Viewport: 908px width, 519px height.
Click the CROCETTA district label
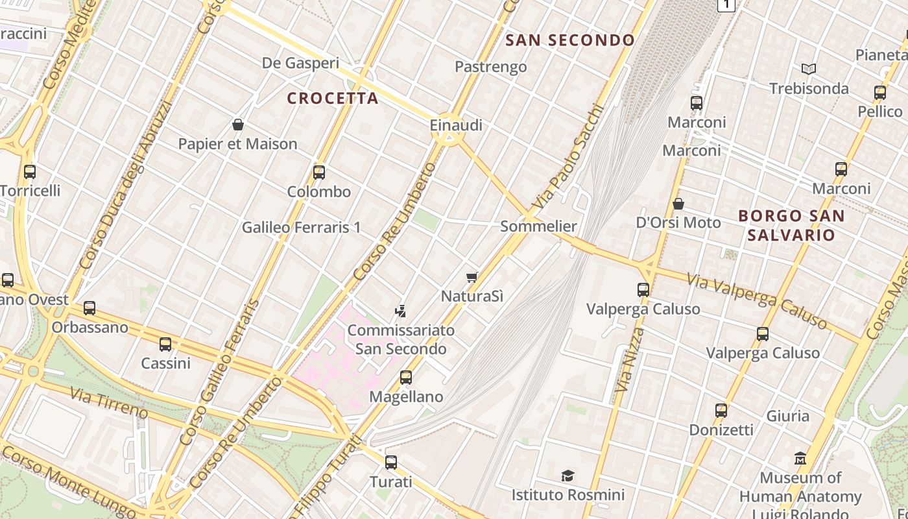pyautogui.click(x=333, y=99)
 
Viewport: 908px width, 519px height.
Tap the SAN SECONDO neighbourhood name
pyautogui.click(x=570, y=40)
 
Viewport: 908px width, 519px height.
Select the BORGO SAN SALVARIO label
pyautogui.click(x=791, y=225)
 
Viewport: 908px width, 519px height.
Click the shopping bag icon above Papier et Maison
pyautogui.click(x=238, y=125)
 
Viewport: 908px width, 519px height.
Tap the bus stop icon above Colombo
pyautogui.click(x=319, y=173)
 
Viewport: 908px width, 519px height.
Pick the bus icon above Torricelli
pyautogui.click(x=30, y=172)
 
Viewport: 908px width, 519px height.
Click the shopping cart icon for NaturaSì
pyautogui.click(x=472, y=278)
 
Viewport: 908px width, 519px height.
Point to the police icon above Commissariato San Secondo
pyautogui.click(x=401, y=311)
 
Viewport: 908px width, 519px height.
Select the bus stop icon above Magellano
pyautogui.click(x=406, y=378)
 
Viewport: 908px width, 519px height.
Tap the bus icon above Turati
pyautogui.click(x=391, y=463)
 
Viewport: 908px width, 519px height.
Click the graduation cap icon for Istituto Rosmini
pyautogui.click(x=568, y=476)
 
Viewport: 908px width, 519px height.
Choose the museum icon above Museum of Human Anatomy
pyautogui.click(x=800, y=459)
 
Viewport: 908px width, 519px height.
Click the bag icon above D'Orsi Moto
pyautogui.click(x=678, y=204)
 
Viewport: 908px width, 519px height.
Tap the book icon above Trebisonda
pyautogui.click(x=808, y=69)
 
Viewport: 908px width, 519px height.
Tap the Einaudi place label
pyautogui.click(x=456, y=125)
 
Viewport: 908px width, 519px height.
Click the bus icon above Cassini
pyautogui.click(x=165, y=344)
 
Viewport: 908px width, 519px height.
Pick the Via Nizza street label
pyautogui.click(x=627, y=360)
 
